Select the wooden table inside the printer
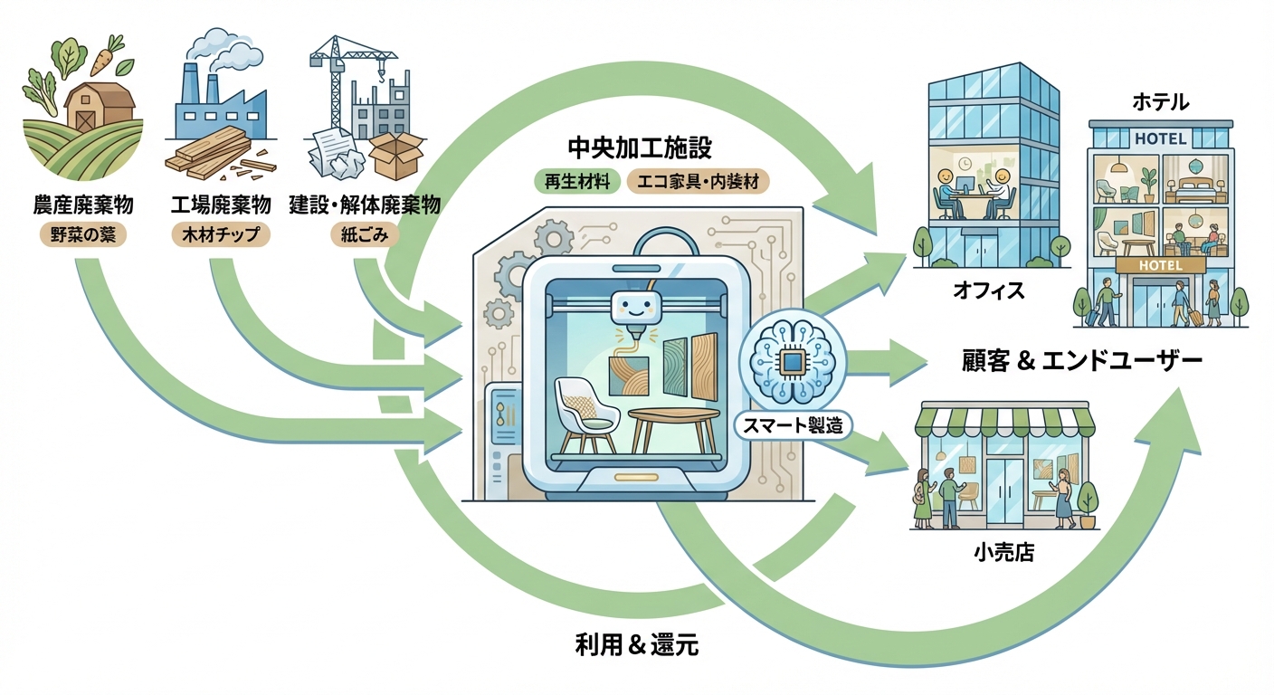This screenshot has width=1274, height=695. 673,426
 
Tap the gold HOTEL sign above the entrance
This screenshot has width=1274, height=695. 1160,264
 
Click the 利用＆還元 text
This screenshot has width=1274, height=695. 637,645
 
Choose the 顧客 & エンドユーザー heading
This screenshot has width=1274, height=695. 1081,363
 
